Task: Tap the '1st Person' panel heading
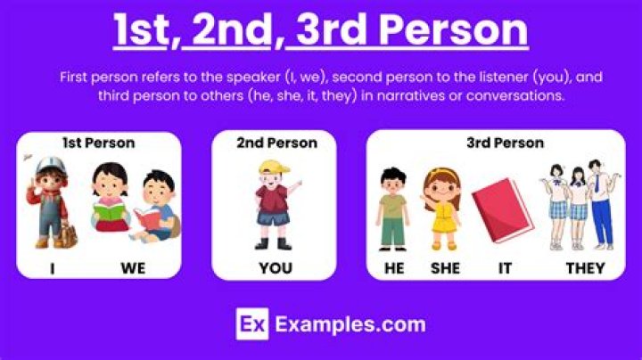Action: [98, 143]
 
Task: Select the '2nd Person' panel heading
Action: [276, 143]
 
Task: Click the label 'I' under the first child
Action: [53, 267]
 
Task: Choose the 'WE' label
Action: [134, 267]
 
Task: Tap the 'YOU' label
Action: [276, 267]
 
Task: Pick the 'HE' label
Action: [394, 267]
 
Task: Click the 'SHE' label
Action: [444, 267]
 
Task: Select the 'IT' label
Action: [506, 267]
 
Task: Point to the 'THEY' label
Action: [585, 267]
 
